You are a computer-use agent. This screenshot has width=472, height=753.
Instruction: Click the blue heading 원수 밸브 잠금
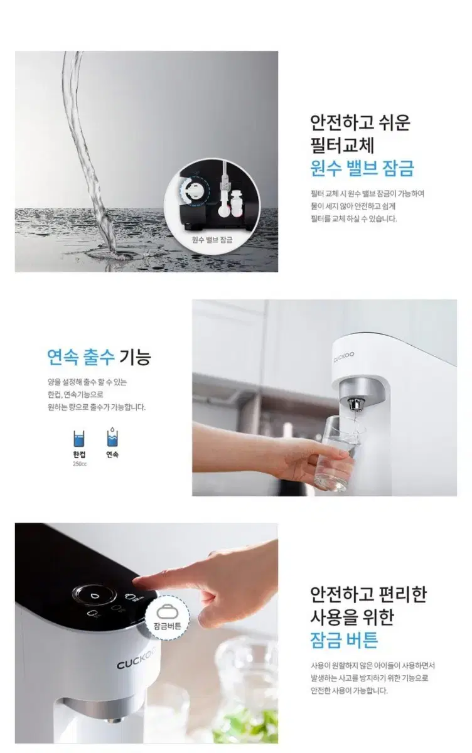coord(362,169)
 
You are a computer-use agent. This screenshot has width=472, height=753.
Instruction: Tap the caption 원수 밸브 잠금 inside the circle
coord(212,240)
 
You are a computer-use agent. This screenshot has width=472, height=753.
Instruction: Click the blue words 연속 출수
coord(80,358)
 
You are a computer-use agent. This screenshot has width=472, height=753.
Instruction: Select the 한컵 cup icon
coord(79,438)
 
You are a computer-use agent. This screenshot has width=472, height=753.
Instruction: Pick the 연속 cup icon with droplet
coord(112,437)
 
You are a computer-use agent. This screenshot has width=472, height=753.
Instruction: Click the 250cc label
coord(79,464)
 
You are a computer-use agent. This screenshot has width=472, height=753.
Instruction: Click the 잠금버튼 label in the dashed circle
coord(167,626)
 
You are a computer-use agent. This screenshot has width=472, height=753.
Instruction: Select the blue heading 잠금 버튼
coord(344,640)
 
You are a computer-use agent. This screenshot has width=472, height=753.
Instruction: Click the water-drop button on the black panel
coord(94,594)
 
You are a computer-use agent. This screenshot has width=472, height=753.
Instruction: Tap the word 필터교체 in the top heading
coord(342,145)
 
